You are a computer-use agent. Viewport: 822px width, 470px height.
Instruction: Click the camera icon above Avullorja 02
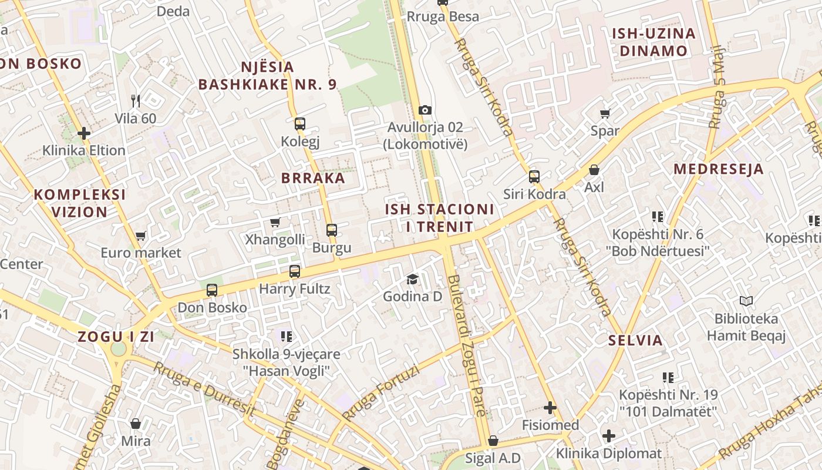click(x=425, y=110)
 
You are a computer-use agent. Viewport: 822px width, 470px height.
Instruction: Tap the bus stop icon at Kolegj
click(x=300, y=124)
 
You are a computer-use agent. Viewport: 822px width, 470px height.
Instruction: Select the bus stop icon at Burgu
click(x=332, y=230)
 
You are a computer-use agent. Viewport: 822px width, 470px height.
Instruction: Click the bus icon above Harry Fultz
click(x=295, y=271)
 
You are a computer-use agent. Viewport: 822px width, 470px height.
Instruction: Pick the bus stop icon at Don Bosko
click(x=212, y=290)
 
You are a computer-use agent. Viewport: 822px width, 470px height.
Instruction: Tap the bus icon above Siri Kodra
click(x=534, y=176)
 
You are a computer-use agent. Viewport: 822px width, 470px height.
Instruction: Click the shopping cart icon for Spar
click(x=605, y=113)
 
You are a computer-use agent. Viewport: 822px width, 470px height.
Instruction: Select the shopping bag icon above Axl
click(x=594, y=170)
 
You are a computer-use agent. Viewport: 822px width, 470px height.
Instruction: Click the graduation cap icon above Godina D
click(x=413, y=279)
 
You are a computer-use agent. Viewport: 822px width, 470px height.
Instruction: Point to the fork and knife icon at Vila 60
click(x=136, y=101)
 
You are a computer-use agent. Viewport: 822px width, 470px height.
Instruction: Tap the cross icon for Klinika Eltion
click(x=84, y=133)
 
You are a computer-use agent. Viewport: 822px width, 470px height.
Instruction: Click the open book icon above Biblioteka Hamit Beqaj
click(x=746, y=301)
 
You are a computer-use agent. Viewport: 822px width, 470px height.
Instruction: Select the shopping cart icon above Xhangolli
click(x=275, y=222)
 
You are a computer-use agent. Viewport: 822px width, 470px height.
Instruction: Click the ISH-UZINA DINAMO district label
click(x=653, y=42)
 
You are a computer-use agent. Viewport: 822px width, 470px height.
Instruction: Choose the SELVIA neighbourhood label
click(x=635, y=340)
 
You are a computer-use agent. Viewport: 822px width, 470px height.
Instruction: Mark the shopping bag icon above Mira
click(x=136, y=424)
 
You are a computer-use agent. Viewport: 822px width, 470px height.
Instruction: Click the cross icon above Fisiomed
click(x=550, y=407)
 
